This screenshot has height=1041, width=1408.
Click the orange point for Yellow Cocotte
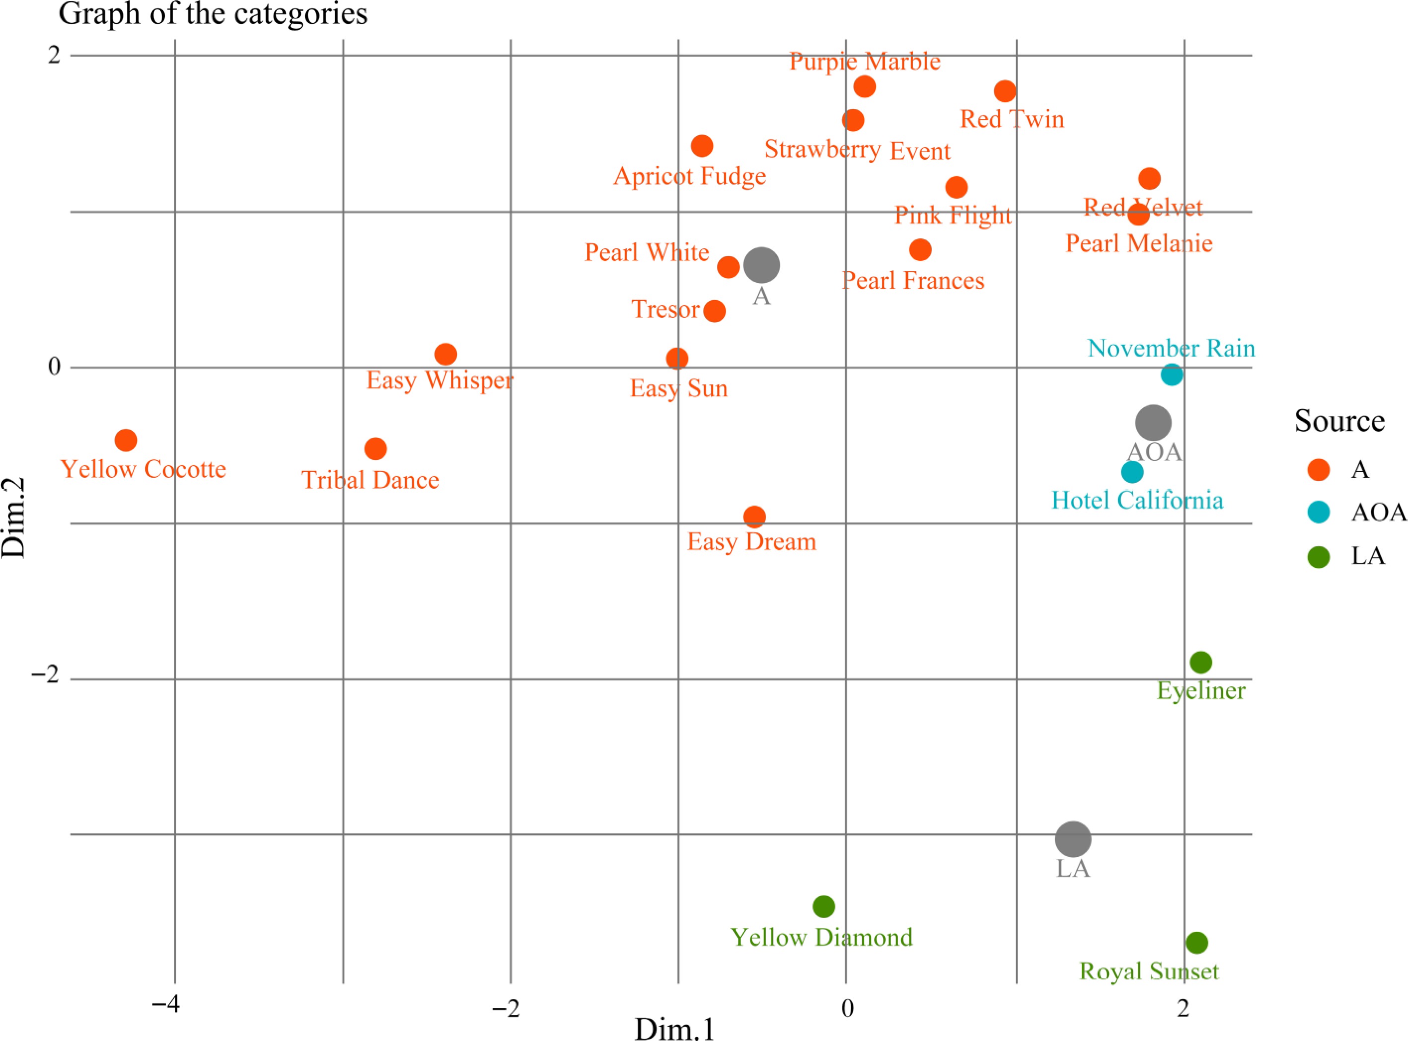click(x=126, y=440)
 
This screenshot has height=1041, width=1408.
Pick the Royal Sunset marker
click(x=1197, y=943)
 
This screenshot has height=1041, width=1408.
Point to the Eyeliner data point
click(x=1201, y=662)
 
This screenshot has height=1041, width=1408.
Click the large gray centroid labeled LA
click(x=1073, y=839)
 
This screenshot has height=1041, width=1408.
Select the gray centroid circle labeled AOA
click(x=1153, y=423)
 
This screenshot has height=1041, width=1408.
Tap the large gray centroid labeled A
click(x=761, y=265)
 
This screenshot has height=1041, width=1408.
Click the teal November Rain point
click(x=1171, y=375)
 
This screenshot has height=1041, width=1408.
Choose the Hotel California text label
click(x=1137, y=500)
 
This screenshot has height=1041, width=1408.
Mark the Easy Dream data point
click(x=754, y=517)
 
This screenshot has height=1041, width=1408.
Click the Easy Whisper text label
click(x=440, y=380)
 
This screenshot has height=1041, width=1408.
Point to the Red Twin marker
click(x=1005, y=91)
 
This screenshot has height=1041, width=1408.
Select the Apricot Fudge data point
click(x=702, y=146)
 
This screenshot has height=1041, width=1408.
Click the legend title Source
click(x=1339, y=421)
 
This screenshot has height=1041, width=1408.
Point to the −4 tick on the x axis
click(x=166, y=1004)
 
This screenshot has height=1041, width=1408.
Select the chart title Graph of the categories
click(x=213, y=14)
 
